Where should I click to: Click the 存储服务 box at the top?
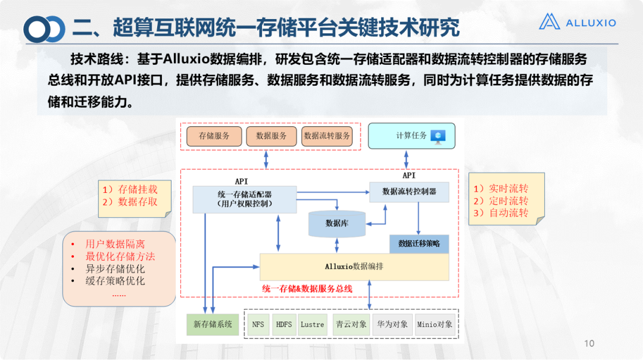(x=214, y=136)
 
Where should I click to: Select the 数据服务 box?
(x=271, y=136)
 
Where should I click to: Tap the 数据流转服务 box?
(x=327, y=136)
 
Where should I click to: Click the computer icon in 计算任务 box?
(x=439, y=136)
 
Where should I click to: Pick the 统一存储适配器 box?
(x=244, y=199)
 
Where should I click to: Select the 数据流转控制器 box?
(x=409, y=192)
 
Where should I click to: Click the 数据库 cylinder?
(x=336, y=224)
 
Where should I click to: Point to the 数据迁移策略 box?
(x=419, y=243)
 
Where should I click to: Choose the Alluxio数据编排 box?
(x=354, y=267)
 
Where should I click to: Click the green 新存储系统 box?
(x=213, y=325)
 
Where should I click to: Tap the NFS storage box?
(x=258, y=325)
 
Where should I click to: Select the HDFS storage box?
(x=284, y=325)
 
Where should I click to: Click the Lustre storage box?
(x=312, y=325)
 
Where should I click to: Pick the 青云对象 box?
(x=350, y=325)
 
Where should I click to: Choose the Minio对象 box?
(x=435, y=325)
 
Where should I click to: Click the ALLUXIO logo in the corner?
(x=577, y=23)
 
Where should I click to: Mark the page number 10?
(x=589, y=343)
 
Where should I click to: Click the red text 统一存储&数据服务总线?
(x=307, y=289)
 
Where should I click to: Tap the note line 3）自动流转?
(x=501, y=213)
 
